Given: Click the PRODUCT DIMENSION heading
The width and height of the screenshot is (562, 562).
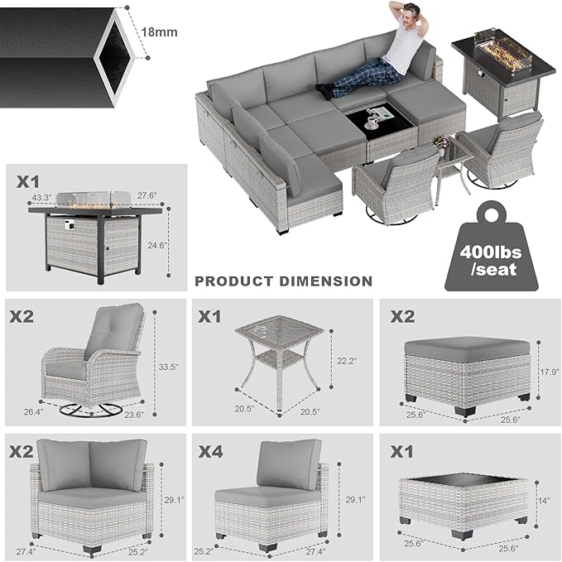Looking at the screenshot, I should [x=283, y=281].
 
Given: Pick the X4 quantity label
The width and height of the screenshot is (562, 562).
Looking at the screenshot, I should [x=212, y=452].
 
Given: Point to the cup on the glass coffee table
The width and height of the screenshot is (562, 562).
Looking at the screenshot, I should [x=371, y=120].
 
